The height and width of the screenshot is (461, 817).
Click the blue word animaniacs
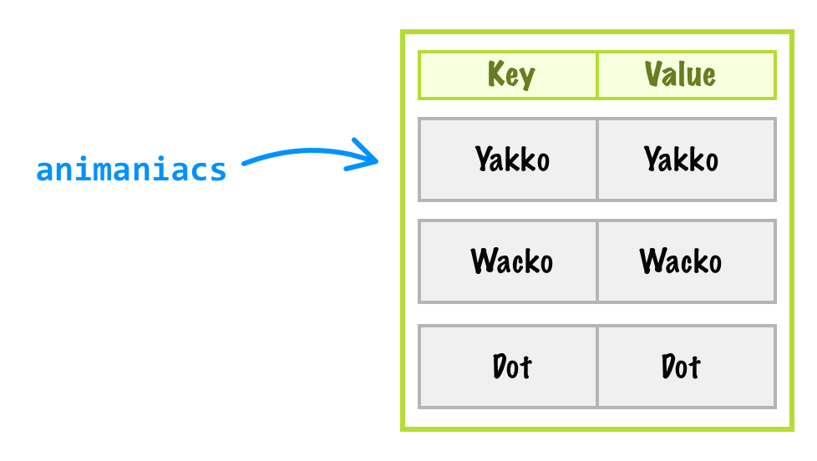pyautogui.click(x=131, y=170)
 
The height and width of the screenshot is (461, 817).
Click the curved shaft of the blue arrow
pyautogui.click(x=292, y=154)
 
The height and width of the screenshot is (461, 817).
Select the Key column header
pyautogui.click(x=510, y=75)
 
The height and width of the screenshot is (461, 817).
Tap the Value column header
pyautogui.click(x=680, y=75)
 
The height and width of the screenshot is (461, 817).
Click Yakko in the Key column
pyautogui.click(x=511, y=159)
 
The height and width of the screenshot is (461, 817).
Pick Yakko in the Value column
pyautogui.click(x=681, y=159)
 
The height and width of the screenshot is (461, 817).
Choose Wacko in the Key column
pyautogui.click(x=511, y=261)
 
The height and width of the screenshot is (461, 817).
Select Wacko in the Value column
pyautogui.click(x=681, y=261)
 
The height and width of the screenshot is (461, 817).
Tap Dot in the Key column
pyautogui.click(x=511, y=366)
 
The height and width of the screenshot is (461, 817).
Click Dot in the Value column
pyautogui.click(x=681, y=366)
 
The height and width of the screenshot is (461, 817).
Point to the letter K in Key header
pyautogui.click(x=495, y=75)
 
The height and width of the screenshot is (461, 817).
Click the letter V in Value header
pyautogui.click(x=653, y=75)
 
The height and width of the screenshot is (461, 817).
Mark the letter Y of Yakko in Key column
pyautogui.click(x=483, y=159)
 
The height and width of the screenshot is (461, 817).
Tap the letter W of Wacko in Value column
pyautogui.click(x=652, y=261)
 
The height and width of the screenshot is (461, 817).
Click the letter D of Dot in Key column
pyautogui.click(x=500, y=366)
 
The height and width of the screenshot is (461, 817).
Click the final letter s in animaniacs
pyautogui.click(x=219, y=170)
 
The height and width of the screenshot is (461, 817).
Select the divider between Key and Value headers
pyautogui.click(x=597, y=75)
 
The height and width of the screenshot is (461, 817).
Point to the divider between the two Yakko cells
pyautogui.click(x=597, y=159)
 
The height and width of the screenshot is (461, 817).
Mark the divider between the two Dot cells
pyautogui.click(x=597, y=366)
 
